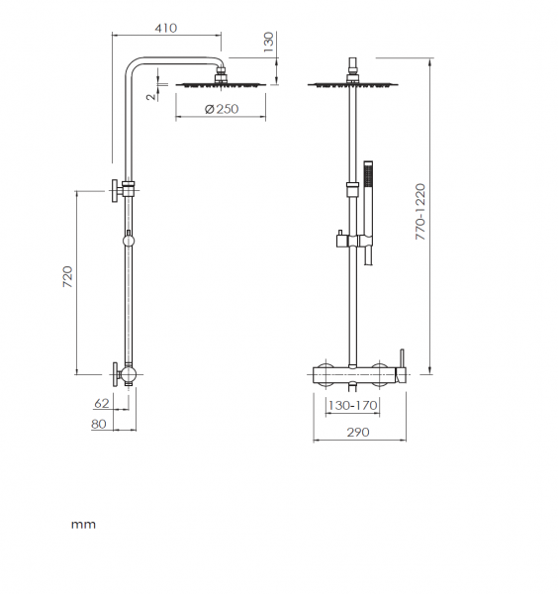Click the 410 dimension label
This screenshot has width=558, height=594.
click(x=166, y=28)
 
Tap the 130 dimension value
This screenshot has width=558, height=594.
click(x=268, y=42)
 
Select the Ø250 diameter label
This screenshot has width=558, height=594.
click(x=222, y=109)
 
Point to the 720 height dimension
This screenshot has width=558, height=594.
click(x=67, y=276)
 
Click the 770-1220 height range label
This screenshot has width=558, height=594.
click(x=420, y=212)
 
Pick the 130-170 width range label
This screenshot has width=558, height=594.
click(x=353, y=405)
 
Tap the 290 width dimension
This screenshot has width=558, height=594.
click(x=358, y=432)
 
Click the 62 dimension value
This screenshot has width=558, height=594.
click(x=102, y=404)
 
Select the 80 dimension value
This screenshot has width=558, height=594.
click(x=99, y=424)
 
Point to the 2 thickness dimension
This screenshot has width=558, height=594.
click(x=151, y=97)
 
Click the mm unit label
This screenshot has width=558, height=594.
click(x=83, y=525)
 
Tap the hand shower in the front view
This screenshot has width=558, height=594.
click(x=368, y=213)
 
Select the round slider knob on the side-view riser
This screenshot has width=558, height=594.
click(x=129, y=241)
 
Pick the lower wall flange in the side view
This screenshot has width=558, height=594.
click(x=115, y=374)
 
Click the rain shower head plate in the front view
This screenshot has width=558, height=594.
click(x=353, y=85)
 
